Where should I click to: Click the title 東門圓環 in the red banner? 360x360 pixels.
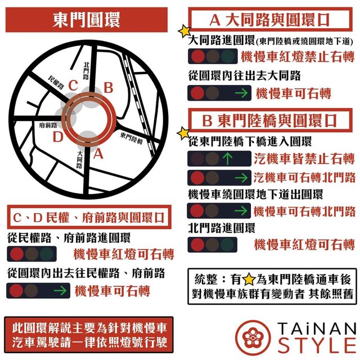click(86, 20)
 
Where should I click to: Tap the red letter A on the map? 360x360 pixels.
click(98, 154)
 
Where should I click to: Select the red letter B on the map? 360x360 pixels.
click(109, 88)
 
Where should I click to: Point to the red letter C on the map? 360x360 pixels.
click(73, 85)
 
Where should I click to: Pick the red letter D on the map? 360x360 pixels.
click(58, 137)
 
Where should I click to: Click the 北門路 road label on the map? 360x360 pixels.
click(86, 71)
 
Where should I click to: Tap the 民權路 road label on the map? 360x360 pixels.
click(56, 82)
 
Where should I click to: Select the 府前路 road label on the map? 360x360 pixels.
click(48, 125)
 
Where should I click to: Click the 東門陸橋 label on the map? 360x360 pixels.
click(131, 138)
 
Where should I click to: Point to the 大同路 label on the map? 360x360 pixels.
click(79, 160)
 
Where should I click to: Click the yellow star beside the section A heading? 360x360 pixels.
click(184, 31)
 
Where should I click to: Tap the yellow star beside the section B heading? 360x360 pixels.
click(183, 133)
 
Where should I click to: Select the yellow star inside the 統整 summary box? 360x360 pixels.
click(249, 280)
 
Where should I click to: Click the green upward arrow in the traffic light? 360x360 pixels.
click(227, 159)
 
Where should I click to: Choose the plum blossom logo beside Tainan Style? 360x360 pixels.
click(253, 337)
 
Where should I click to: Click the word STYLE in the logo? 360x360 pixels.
click(317, 345)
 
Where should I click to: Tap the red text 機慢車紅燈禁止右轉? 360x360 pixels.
click(298, 57)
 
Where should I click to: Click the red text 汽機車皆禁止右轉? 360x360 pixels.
click(304, 159)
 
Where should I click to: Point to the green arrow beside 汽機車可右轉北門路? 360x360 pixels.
click(241, 178)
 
